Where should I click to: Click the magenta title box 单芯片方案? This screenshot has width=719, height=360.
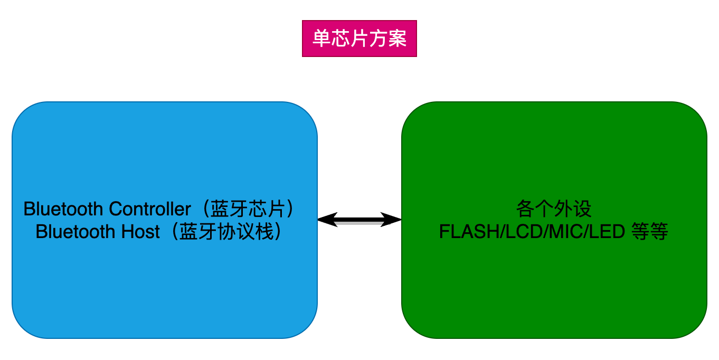pos(359,39)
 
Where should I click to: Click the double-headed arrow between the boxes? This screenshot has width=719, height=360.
pos(359,220)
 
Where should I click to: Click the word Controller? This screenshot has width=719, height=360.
pos(150,209)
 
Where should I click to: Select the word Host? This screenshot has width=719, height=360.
pos(141,232)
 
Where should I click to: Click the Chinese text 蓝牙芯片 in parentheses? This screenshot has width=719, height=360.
pos(252,209)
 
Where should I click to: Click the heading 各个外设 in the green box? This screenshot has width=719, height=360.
pos(554,209)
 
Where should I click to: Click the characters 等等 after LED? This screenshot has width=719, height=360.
pos(650,232)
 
